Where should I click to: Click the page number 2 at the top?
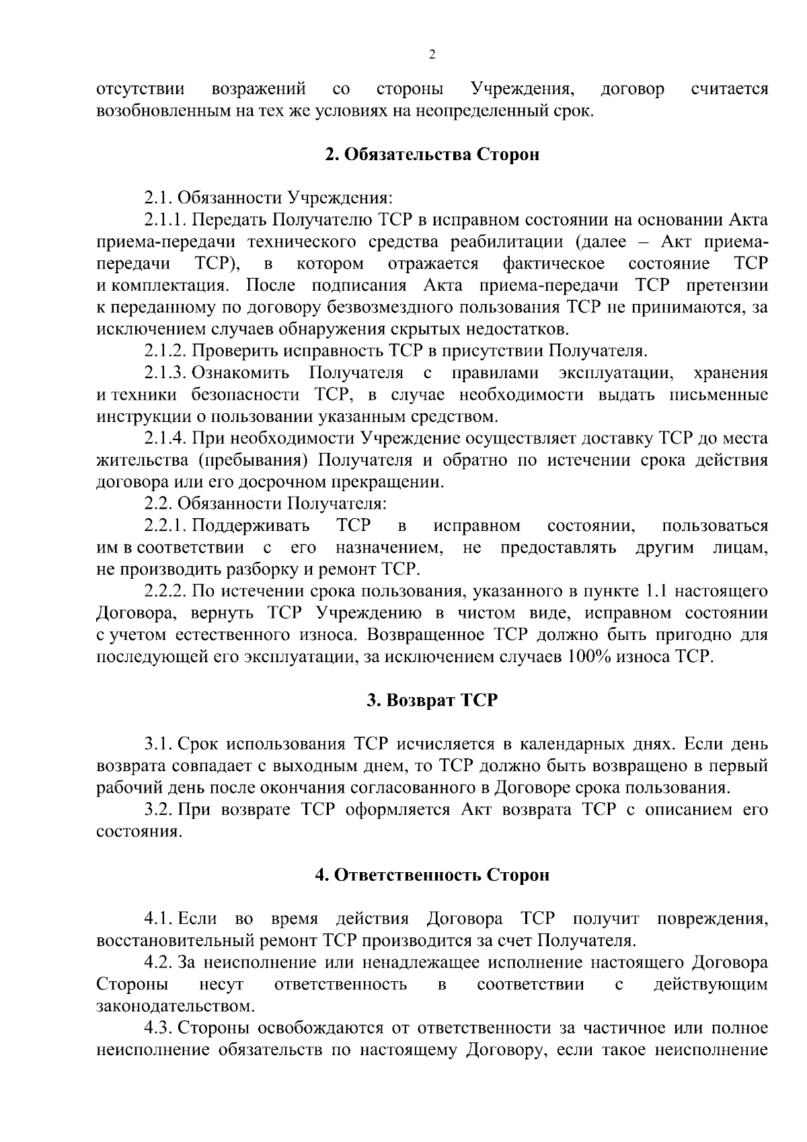click(432, 55)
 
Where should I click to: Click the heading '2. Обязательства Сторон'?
click(432, 155)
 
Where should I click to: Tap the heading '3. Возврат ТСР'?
click(432, 700)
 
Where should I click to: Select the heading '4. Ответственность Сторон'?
click(432, 875)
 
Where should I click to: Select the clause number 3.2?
click(159, 810)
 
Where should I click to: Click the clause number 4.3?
click(159, 1028)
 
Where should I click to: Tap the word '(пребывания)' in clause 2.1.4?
click(254, 461)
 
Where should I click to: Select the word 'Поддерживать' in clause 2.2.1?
click(252, 526)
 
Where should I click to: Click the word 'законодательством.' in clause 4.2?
click(176, 1007)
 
